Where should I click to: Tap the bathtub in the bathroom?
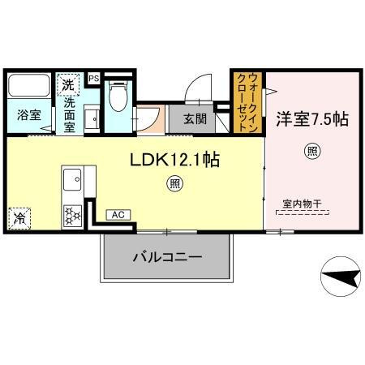point(28,86)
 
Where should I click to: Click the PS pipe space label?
point(93,78)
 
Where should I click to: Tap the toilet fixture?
point(118,95)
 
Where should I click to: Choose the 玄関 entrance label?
point(193,118)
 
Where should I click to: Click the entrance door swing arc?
point(197,88)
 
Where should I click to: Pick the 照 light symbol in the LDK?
point(174,184)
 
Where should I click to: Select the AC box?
point(118,215)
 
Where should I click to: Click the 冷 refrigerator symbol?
point(19,219)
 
